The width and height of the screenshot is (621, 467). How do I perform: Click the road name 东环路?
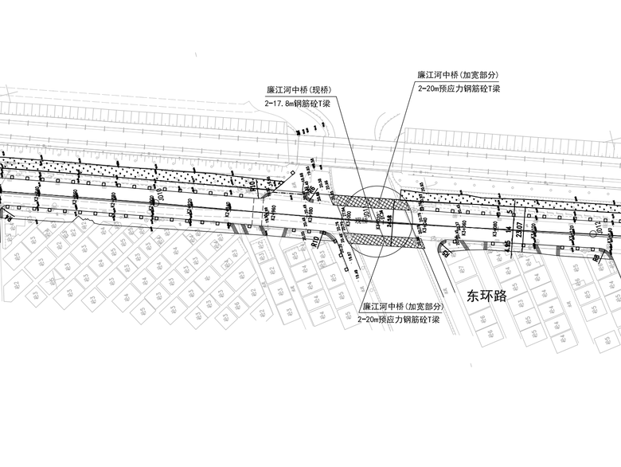(487, 296)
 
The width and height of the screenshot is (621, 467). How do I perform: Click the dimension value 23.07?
(519, 234)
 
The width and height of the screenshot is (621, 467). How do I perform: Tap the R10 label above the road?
(252, 188)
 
